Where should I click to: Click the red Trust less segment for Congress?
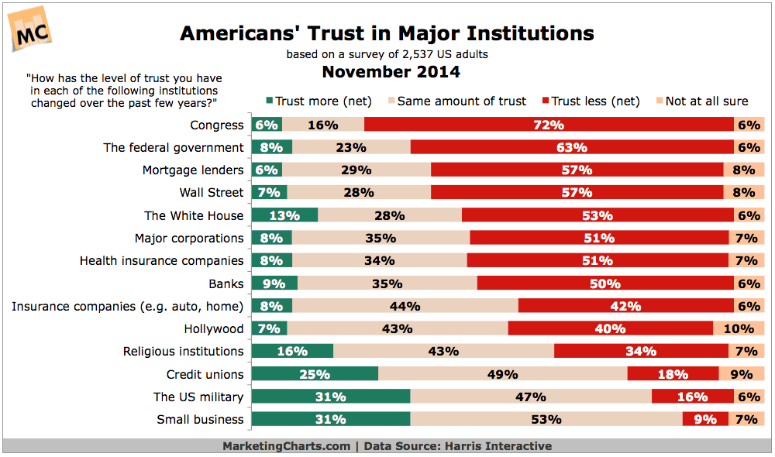pyautogui.click(x=549, y=125)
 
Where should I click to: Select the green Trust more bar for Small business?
pyautogui.click(x=331, y=420)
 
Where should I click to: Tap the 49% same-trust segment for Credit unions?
pyautogui.click(x=502, y=374)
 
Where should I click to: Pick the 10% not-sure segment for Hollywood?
pyautogui.click(x=739, y=328)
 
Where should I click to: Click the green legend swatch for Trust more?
pyautogui.click(x=269, y=101)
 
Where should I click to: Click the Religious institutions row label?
pyautogui.click(x=183, y=351)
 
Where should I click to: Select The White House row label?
pyautogui.click(x=194, y=215)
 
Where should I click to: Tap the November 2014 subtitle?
pyautogui.click(x=391, y=72)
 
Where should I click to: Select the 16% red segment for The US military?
pyautogui.click(x=692, y=397)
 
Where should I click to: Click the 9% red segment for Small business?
pyautogui.click(x=704, y=420)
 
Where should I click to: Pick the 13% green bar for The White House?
pyautogui.click(x=285, y=215)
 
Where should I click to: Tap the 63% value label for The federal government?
pyautogui.click(x=572, y=147)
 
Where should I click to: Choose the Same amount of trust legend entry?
pyautogui.click(x=461, y=101)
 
